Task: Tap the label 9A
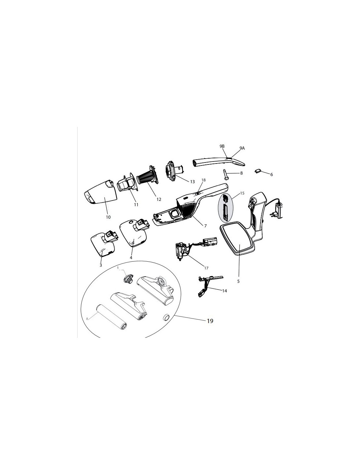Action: [242, 148]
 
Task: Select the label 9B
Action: [222, 146]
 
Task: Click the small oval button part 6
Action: [258, 171]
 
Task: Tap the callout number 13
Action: [192, 182]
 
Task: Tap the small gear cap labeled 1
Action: [128, 279]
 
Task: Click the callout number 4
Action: [131, 258]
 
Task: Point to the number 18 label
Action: [204, 180]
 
